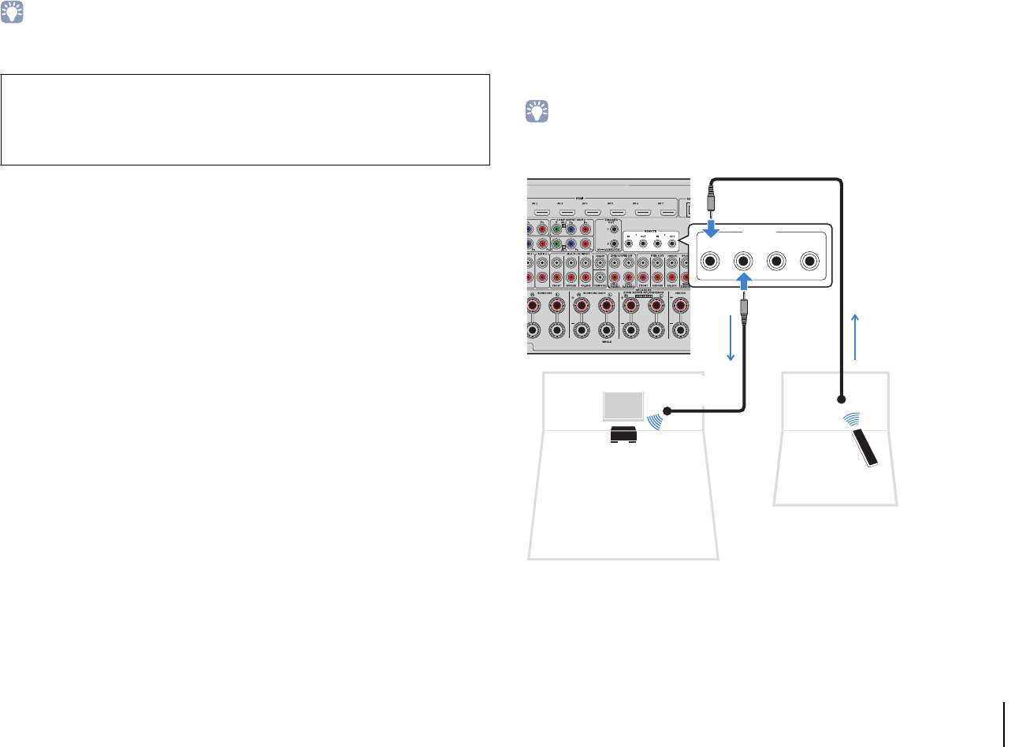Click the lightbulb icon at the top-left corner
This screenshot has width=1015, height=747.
13,13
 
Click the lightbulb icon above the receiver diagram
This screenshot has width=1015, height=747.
537,113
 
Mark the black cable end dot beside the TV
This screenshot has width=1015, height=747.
667,411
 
